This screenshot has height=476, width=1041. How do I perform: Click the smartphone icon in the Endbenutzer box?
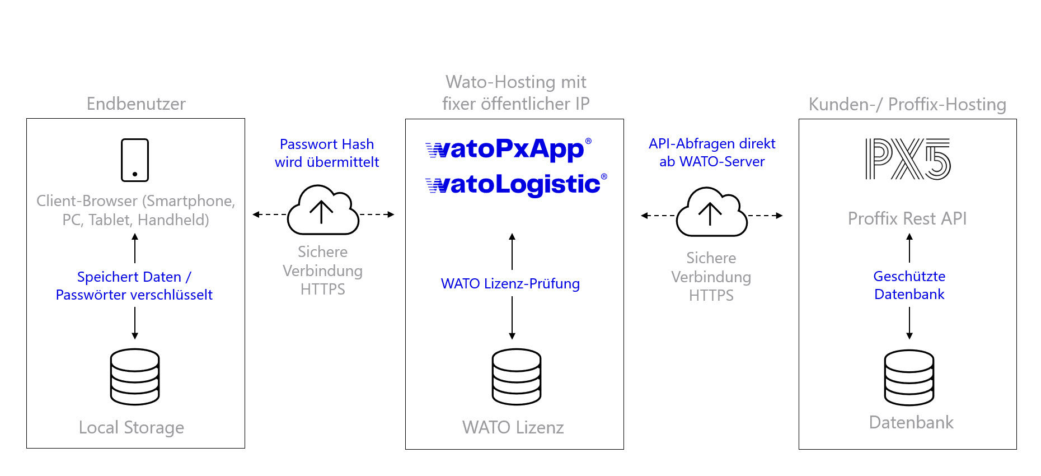(135, 160)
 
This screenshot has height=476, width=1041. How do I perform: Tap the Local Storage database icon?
(135, 376)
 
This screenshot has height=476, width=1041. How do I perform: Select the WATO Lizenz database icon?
(516, 376)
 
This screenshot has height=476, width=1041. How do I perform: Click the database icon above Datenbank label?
(909, 377)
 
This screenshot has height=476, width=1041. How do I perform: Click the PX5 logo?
(907, 159)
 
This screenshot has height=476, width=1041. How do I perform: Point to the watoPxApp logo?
(508, 150)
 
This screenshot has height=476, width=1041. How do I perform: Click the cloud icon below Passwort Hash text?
(322, 211)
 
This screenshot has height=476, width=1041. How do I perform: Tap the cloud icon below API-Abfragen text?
(711, 213)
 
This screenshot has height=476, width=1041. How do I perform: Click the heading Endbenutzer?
(136, 104)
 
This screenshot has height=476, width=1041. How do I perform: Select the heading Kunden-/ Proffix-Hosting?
(907, 104)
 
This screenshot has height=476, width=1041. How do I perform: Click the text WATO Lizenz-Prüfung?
(510, 283)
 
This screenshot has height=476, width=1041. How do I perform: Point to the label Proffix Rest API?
(907, 218)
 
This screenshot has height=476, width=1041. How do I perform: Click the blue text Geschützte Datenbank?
(909, 285)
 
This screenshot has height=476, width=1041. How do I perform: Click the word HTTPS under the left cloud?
(322, 289)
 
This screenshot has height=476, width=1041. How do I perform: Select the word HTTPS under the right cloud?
(711, 295)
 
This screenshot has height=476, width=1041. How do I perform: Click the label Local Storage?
(132, 427)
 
